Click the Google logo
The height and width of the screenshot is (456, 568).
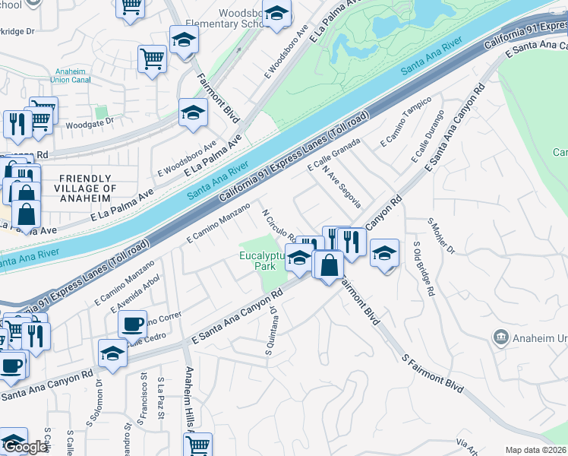coord(25,447)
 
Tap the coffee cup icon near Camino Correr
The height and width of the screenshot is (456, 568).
coord(132,325)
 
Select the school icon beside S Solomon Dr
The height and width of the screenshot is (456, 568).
coord(112,353)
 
